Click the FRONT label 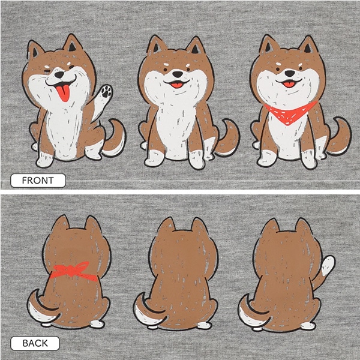click(38, 181)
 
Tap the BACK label click(35, 343)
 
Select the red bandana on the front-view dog click(290, 113)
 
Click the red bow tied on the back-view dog click(73, 271)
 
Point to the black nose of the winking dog click(59, 74)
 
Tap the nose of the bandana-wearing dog click(290, 73)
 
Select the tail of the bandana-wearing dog click(340, 137)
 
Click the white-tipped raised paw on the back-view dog click(328, 265)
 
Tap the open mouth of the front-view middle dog click(177, 84)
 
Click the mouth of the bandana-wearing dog click(289, 83)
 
